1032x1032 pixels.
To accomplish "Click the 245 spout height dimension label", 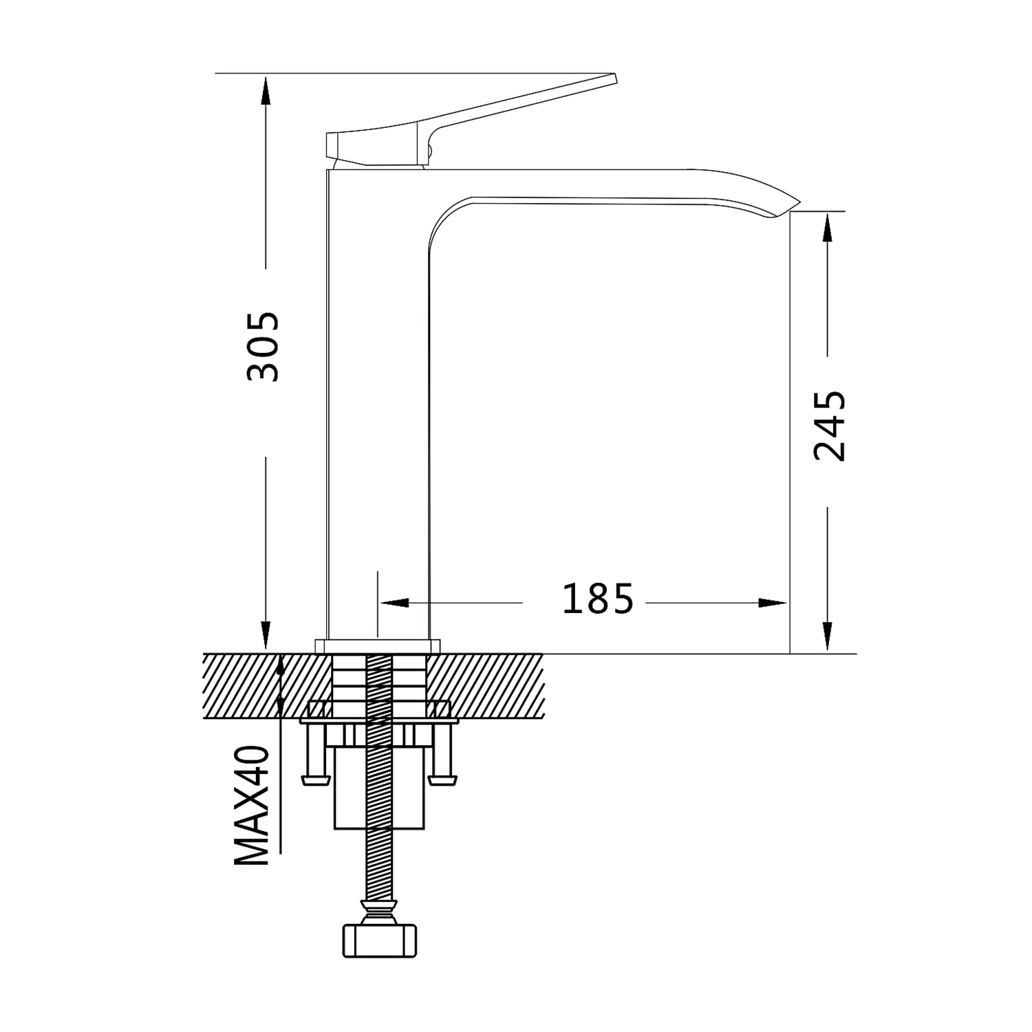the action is pos(829,426).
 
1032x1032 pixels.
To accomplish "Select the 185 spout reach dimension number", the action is pos(598,599).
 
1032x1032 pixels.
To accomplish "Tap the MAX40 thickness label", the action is pos(251,806).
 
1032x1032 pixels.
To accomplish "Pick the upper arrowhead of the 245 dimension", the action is pos(826,226).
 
